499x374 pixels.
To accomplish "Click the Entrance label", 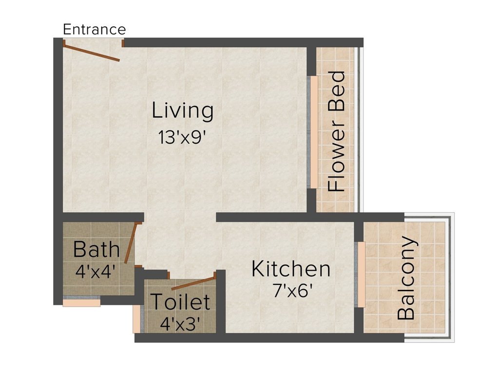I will (95, 29).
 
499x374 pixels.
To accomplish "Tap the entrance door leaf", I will (92, 53).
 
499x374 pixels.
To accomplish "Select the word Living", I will (183, 111).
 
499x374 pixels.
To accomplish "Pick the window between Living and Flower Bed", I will (314, 131).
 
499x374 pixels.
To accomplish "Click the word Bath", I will (96, 249).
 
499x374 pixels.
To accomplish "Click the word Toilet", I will (180, 302).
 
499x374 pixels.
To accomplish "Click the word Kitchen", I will (291, 269).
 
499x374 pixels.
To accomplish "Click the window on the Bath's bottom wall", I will (81, 302).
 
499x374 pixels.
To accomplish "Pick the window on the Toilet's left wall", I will (136, 319).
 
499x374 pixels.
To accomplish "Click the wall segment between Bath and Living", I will (102, 217).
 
